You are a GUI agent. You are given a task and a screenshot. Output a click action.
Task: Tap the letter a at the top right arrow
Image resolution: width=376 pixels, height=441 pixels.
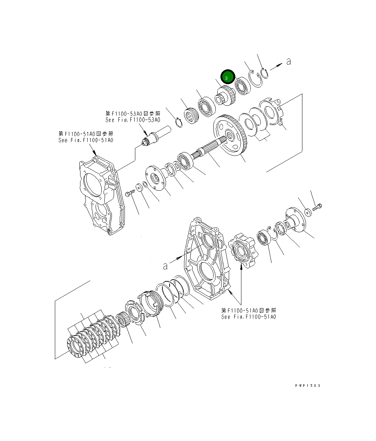click(x=288, y=62)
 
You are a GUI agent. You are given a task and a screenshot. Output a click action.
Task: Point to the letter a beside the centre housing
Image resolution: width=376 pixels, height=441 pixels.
click(x=165, y=266)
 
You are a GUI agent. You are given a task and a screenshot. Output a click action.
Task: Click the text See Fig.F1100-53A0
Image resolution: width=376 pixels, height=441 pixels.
click(x=133, y=120)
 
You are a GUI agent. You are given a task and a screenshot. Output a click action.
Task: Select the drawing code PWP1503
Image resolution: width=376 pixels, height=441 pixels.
click(x=307, y=385)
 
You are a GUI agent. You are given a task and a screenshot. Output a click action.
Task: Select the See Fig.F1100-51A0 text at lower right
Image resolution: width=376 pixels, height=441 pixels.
click(x=249, y=317)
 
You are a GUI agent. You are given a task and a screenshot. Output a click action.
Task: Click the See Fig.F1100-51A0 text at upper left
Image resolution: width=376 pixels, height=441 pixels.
click(x=86, y=140)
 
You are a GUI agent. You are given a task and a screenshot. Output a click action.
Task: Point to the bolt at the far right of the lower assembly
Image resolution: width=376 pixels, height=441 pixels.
click(x=317, y=207)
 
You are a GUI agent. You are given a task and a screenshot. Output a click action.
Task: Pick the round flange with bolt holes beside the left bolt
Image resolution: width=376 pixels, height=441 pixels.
click(x=156, y=177)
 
